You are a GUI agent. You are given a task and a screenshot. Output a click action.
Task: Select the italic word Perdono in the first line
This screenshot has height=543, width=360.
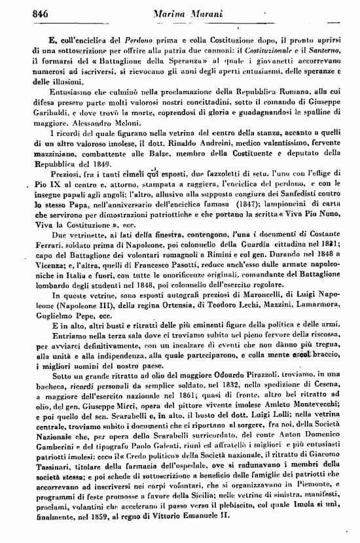pyautogui.click(x=117, y=39)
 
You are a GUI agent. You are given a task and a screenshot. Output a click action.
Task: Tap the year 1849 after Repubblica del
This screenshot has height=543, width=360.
pyautogui.click(x=97, y=164)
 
